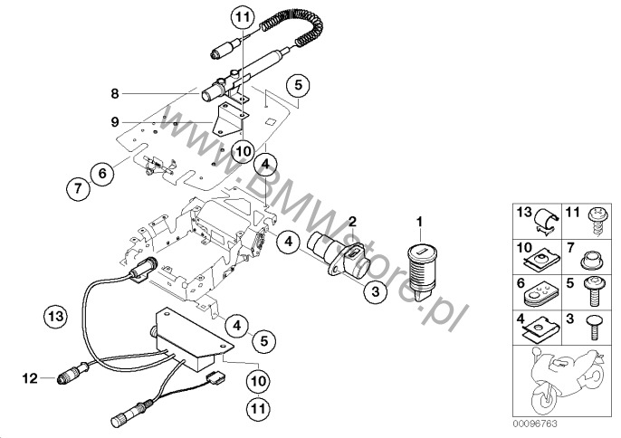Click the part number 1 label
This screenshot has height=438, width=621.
pos(419,222)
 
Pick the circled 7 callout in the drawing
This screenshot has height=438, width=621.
pos(79,189)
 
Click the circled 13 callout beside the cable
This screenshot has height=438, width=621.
pos(56,316)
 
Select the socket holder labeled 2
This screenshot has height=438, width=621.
pos(330,257)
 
